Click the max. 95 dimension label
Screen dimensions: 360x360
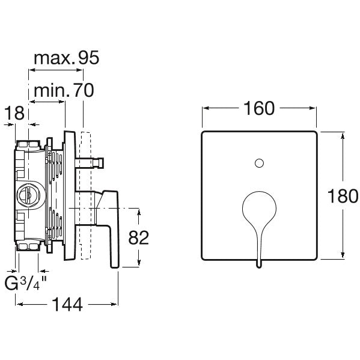(x=66, y=58)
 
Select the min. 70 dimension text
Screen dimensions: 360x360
(x=64, y=90)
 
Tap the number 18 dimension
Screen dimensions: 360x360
(x=14, y=113)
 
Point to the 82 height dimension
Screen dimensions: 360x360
(x=138, y=237)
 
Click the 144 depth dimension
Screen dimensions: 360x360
(x=67, y=305)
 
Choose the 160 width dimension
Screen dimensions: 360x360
(x=259, y=108)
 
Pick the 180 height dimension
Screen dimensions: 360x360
(x=343, y=196)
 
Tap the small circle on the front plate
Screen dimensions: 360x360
(x=259, y=163)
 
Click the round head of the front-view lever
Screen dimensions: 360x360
(x=259, y=208)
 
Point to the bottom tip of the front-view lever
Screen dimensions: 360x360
(x=259, y=267)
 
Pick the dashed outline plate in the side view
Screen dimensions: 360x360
(x=86, y=195)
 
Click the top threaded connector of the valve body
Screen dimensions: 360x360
(x=28, y=145)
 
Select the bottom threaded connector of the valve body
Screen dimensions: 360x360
(x=28, y=247)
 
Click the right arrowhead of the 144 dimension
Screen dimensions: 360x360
(x=114, y=305)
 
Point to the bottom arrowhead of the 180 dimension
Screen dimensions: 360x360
(x=343, y=255)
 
